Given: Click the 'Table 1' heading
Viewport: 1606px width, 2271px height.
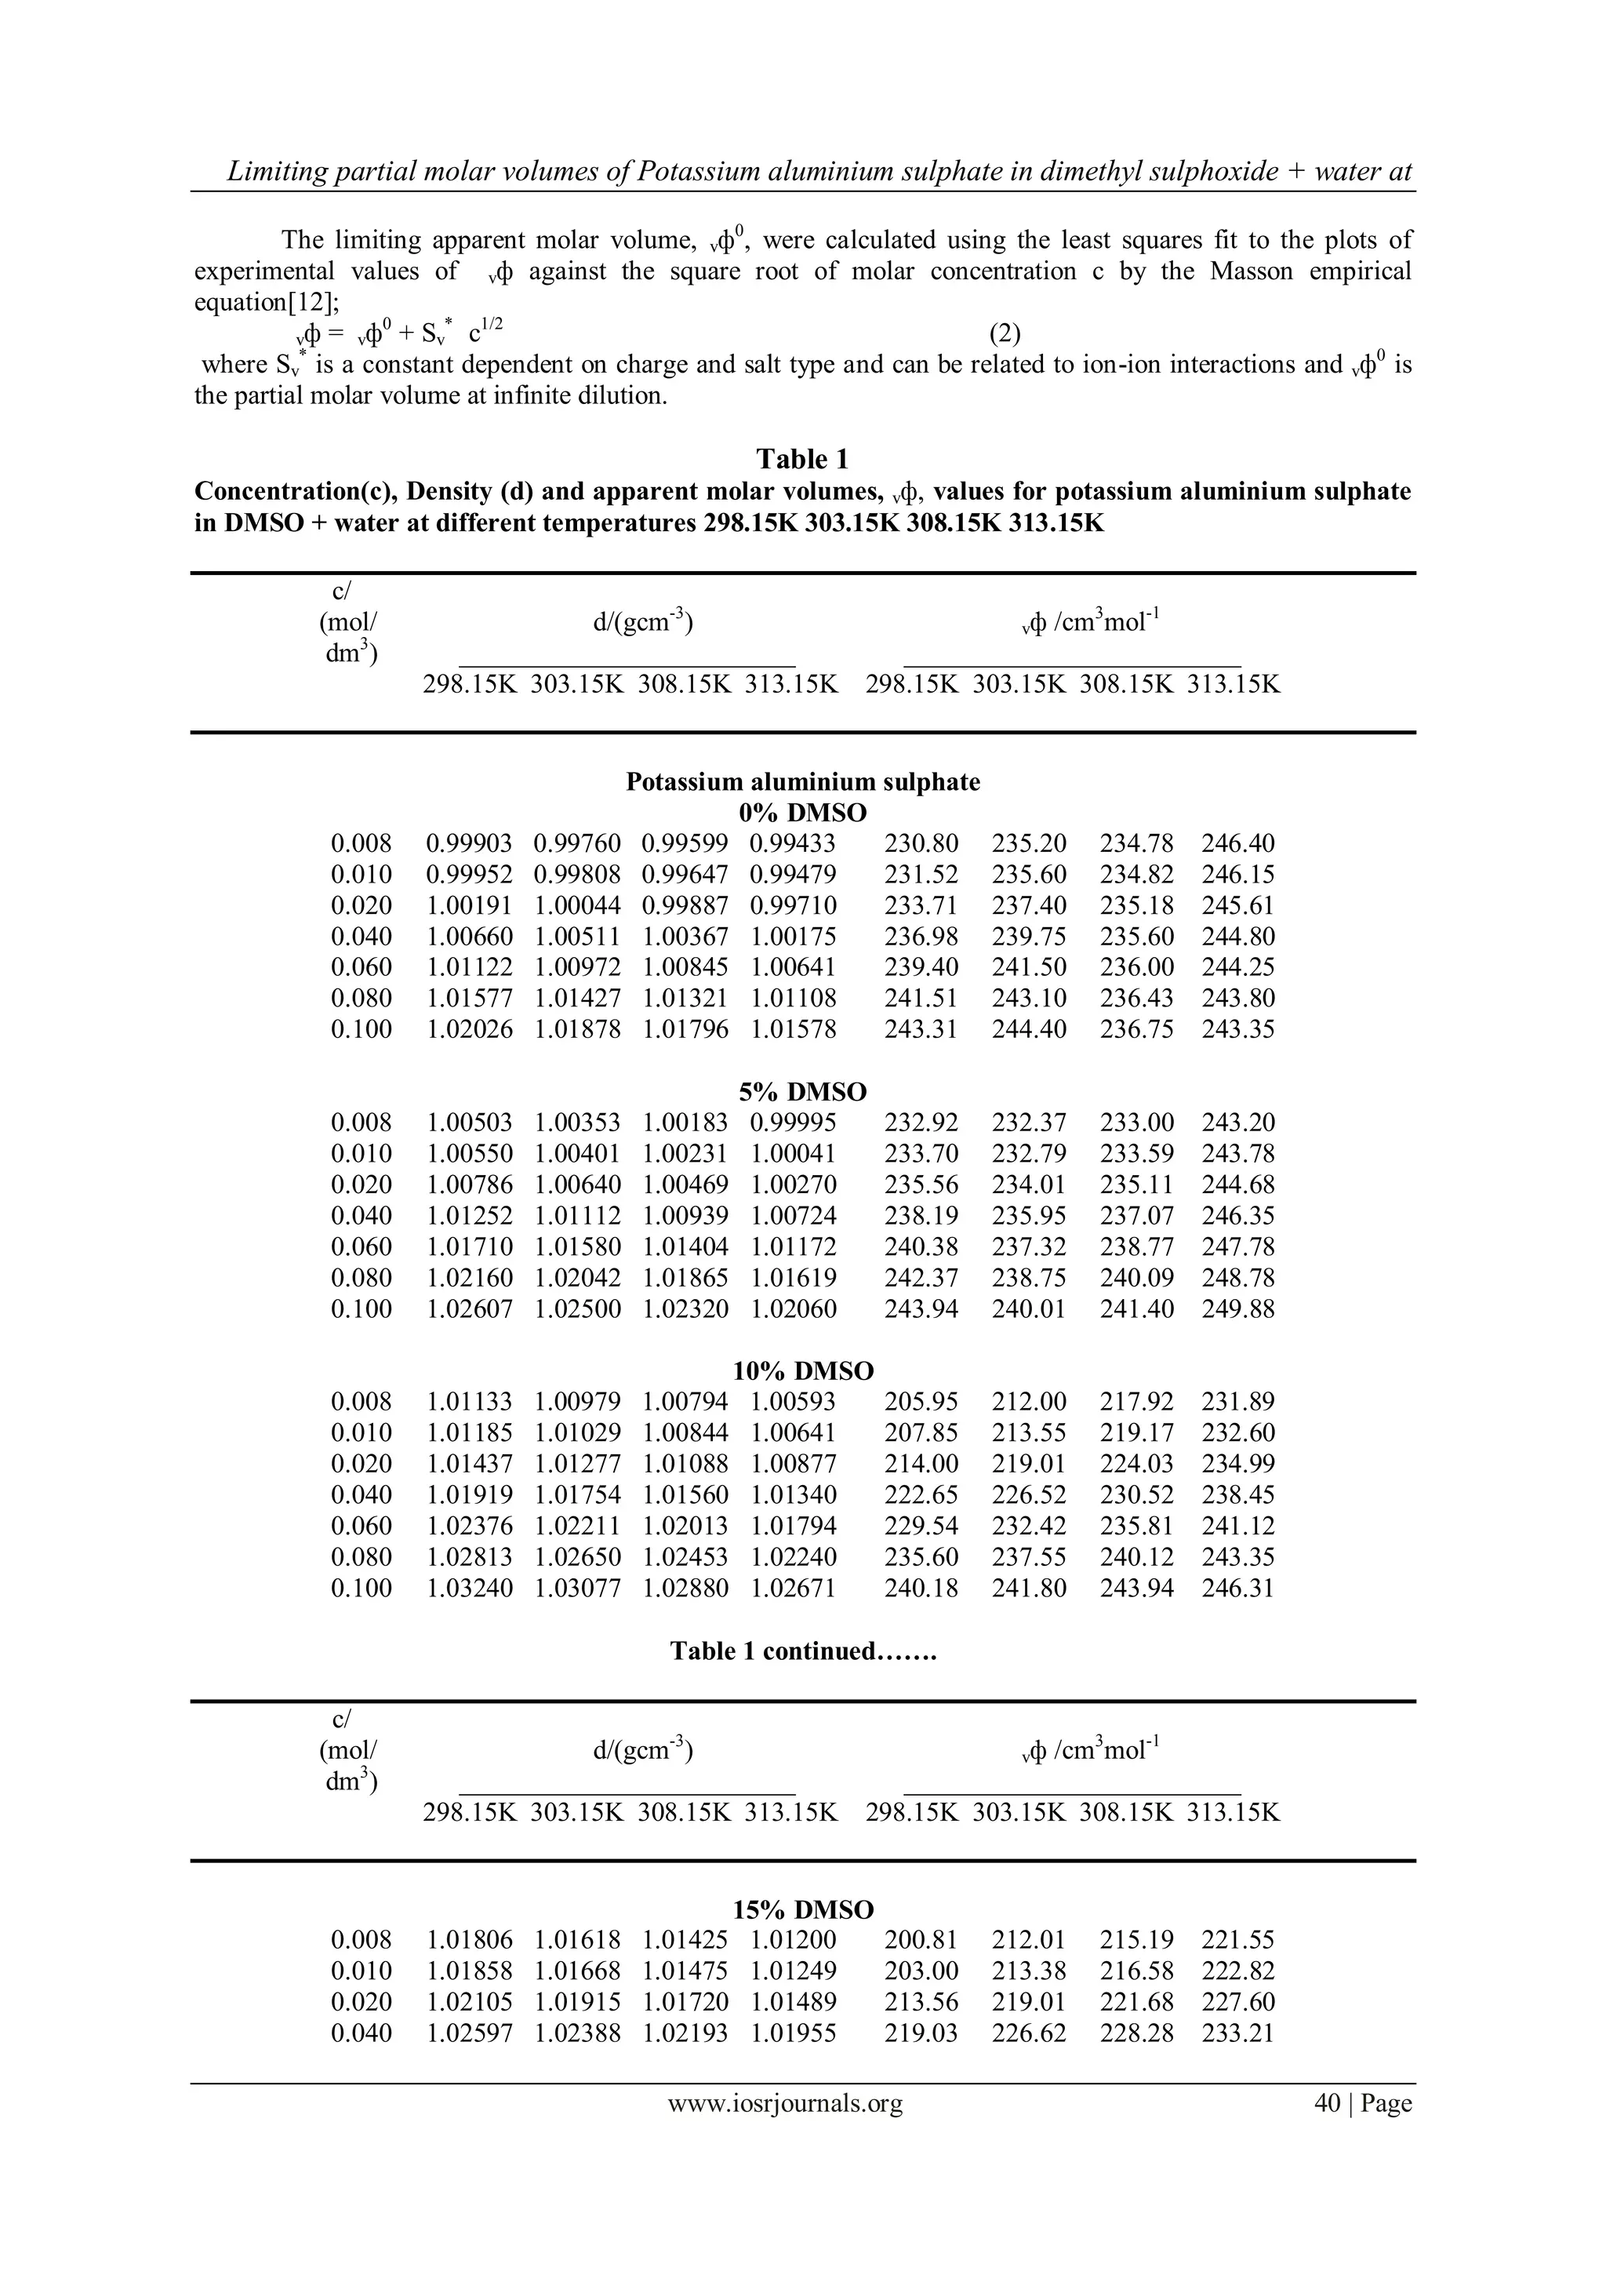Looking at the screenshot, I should (x=802, y=459).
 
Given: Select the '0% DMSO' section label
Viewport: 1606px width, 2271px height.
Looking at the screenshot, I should (x=802, y=813).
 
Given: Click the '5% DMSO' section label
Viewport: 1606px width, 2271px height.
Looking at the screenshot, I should (x=802, y=1092).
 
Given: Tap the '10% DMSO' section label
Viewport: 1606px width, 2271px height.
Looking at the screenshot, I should (x=802, y=1371).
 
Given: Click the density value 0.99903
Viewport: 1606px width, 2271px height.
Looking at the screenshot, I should (x=469, y=844).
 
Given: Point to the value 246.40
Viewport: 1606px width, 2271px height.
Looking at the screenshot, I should (x=1237, y=844).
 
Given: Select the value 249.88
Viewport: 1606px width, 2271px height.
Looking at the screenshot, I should (x=1237, y=1308).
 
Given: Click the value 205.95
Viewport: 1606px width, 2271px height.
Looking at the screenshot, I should (x=921, y=1402).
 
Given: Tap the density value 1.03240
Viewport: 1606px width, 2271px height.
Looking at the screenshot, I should (x=469, y=1588).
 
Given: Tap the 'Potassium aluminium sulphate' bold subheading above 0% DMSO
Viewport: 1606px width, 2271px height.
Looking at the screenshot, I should (x=802, y=782).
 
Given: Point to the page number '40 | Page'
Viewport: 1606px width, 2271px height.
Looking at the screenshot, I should (x=1362, y=2131).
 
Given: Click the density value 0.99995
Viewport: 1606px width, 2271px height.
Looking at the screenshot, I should (x=792, y=1123).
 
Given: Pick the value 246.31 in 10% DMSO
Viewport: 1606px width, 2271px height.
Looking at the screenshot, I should (x=1237, y=1588).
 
